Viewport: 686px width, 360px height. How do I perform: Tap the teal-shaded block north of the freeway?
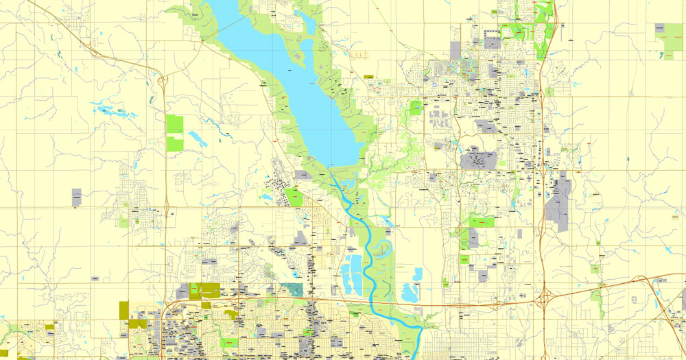point(293,289)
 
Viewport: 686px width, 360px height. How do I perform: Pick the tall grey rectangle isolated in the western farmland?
point(76,197)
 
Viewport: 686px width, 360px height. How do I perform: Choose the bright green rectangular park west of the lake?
point(175,132)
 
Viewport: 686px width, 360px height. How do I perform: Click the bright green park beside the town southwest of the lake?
point(296,197)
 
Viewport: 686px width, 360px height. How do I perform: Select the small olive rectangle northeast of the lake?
point(368,77)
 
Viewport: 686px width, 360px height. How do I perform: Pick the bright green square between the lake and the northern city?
point(416,108)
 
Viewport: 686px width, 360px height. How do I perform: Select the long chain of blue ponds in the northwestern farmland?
point(110,110)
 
